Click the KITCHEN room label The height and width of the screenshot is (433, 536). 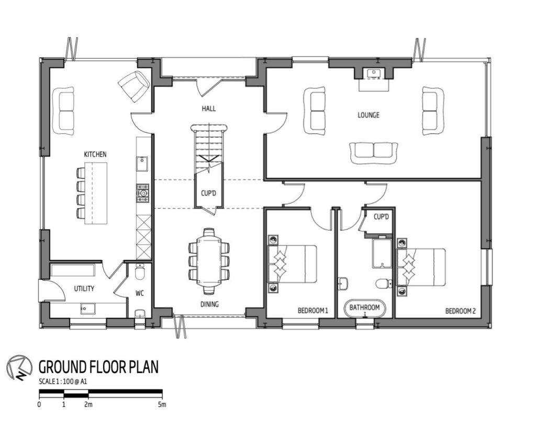click(95, 154)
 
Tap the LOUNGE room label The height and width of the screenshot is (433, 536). click(368, 115)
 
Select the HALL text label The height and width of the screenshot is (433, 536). click(209, 109)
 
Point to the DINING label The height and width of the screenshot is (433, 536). click(209, 304)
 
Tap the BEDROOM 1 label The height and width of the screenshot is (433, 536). click(312, 311)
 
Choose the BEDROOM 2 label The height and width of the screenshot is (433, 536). click(460, 311)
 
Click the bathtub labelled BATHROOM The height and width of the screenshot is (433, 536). click(364, 308)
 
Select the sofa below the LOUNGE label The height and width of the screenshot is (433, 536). click(373, 150)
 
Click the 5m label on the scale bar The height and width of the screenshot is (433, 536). click(162, 404)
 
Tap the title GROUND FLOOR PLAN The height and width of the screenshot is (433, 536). click(98, 367)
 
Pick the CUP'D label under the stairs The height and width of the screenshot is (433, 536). click(208, 193)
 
